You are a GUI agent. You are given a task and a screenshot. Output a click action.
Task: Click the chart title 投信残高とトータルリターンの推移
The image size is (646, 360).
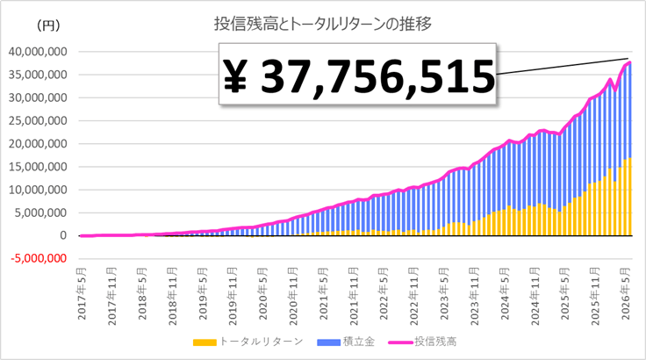coord(323,24)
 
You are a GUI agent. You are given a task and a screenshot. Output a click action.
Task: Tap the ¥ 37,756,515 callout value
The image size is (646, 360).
coord(358,76)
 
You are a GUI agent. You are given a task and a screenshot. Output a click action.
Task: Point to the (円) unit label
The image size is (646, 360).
coord(48,26)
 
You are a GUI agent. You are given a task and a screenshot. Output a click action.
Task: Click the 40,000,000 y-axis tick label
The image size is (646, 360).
coord(38,52)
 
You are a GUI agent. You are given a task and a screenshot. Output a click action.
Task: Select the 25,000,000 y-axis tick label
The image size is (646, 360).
coord(38,121)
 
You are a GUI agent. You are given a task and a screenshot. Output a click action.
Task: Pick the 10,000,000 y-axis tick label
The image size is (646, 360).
coord(38,191)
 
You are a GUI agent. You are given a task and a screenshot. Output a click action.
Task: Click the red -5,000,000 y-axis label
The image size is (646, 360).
coord(39,258)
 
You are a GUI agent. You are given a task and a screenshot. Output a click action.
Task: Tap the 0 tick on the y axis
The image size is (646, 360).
coord(63,235)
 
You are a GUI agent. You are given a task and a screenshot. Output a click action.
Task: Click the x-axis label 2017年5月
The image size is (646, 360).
coord(82,293)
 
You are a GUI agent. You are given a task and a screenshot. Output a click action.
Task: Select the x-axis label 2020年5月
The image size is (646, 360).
coord(263,293)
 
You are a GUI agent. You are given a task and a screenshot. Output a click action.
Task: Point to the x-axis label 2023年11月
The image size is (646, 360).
coord(475,296)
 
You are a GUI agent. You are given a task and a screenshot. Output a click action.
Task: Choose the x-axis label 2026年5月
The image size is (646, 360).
coord(626,293)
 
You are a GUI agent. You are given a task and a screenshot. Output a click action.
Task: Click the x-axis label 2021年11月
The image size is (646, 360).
coord(354,296)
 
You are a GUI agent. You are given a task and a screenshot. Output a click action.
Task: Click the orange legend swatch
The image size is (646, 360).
coord(205,342)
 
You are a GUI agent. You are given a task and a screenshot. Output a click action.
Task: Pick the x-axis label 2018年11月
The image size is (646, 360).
coord(173,296)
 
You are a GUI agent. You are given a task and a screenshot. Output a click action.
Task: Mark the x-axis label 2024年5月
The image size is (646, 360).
coord(505,293)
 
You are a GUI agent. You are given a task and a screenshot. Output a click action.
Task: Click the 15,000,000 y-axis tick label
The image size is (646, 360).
coord(38,167)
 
